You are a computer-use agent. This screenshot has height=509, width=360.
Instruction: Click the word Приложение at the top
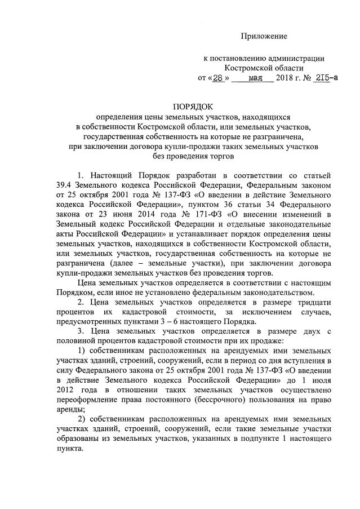(265, 36)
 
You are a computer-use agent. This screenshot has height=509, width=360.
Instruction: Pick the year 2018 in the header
(287, 78)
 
